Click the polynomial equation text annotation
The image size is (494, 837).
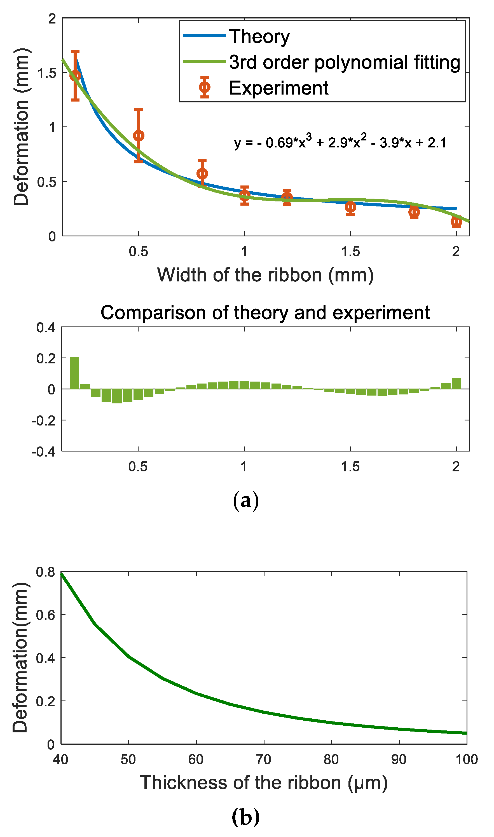click(340, 142)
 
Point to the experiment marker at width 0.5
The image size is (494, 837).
click(139, 136)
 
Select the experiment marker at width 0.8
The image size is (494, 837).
click(202, 174)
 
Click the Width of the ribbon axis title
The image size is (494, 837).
click(265, 275)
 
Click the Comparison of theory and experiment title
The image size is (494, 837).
click(265, 313)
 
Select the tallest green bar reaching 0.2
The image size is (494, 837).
click(74, 373)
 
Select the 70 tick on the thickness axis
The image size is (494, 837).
click(264, 760)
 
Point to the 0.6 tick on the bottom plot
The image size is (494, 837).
click(46, 615)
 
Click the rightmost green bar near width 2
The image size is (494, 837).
click(456, 384)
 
